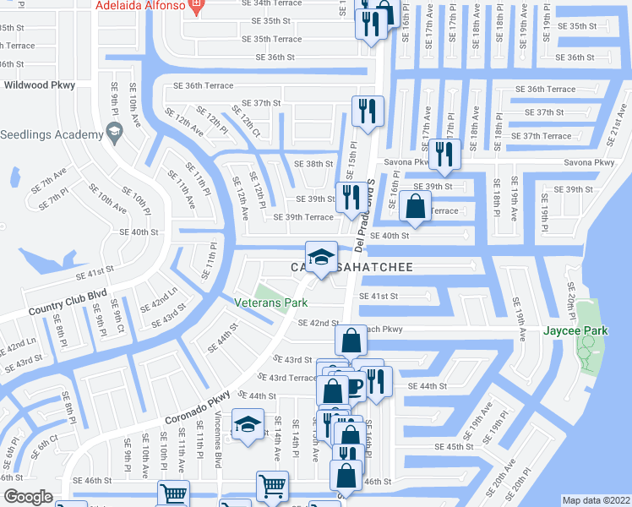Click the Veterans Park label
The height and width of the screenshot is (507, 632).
(x=270, y=303)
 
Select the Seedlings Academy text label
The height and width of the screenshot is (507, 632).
(x=46, y=134)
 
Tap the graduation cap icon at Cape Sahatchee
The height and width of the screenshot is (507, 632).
(x=321, y=258)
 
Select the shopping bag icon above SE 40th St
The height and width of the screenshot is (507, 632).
(x=416, y=207)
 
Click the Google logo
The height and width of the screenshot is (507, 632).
(x=29, y=497)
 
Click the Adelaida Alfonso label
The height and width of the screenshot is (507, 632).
(x=139, y=7)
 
